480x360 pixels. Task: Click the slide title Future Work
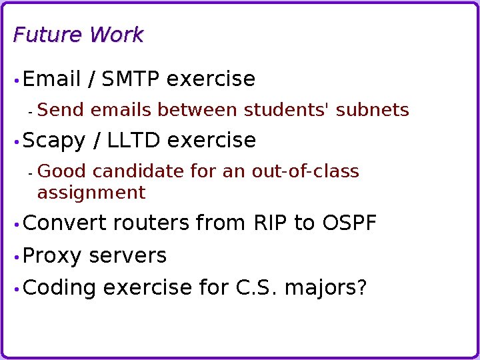click(78, 35)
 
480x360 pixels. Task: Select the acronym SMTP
click(131, 79)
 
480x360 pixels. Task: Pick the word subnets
click(373, 109)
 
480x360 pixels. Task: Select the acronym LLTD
click(134, 141)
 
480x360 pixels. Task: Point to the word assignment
click(91, 193)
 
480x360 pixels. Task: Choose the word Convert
click(65, 223)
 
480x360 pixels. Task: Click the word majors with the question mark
click(326, 288)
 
